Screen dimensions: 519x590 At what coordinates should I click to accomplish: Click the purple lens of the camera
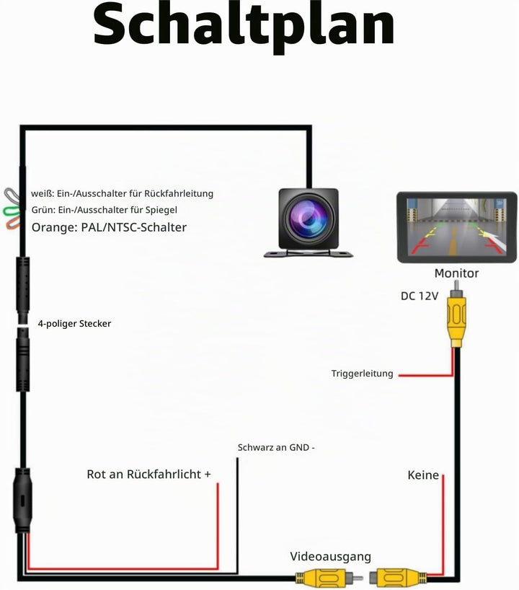308,219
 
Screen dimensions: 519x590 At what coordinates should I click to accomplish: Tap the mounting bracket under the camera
309,254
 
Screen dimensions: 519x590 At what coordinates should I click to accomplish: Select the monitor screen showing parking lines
457,227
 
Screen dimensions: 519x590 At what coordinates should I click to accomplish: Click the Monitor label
456,273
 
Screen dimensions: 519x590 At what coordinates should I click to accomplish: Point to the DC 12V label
420,296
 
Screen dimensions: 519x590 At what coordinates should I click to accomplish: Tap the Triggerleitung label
362,374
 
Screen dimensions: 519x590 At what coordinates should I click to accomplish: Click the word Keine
423,475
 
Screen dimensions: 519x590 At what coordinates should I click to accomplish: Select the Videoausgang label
330,557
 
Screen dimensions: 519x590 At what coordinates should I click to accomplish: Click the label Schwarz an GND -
276,447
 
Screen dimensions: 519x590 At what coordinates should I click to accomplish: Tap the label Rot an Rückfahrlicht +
148,474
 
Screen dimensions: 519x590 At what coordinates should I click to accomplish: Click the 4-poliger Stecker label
74,324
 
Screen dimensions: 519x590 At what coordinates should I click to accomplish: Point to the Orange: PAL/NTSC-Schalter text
109,227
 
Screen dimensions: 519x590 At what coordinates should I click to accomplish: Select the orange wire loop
13,223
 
